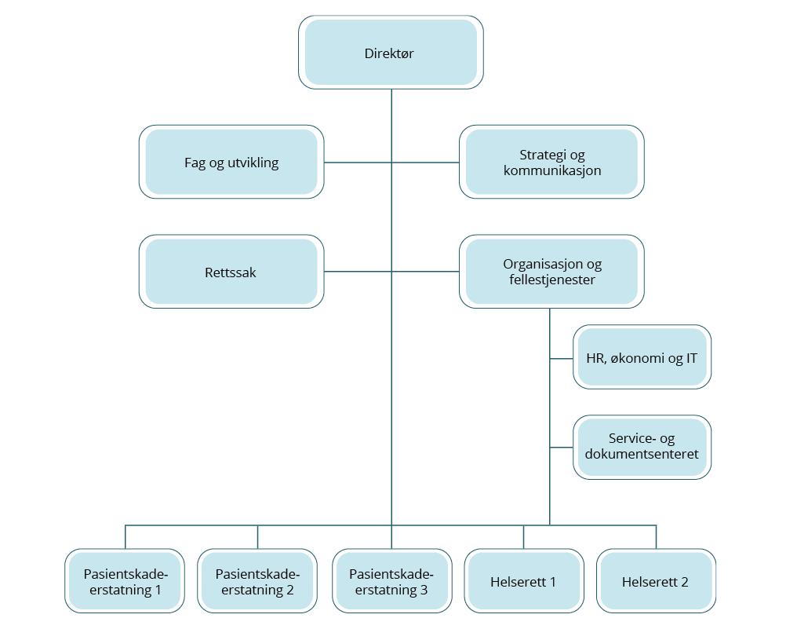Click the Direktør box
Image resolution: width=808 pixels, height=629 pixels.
391,53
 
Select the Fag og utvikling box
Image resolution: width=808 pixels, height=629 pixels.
231,162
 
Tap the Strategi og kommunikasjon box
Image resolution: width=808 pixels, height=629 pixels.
551,162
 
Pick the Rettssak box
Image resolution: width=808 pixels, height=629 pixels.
231,272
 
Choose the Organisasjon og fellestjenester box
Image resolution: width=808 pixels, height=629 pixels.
551,272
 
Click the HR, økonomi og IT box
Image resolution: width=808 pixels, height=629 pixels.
642,357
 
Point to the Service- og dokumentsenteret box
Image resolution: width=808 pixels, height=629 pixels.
642,447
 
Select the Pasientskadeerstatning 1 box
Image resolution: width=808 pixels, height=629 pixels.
125,581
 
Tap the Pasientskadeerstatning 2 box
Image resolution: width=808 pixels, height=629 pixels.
257,581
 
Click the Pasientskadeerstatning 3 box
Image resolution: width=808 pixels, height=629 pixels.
391,581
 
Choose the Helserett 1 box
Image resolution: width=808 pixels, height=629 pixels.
523,581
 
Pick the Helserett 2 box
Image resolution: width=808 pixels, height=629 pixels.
656,581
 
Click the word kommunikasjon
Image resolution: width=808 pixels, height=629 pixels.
552,170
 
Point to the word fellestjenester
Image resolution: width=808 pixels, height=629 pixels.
552,280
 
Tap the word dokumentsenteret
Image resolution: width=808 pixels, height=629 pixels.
642,454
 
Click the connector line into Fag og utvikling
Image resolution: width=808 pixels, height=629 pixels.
358,163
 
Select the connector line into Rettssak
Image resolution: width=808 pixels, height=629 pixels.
358,272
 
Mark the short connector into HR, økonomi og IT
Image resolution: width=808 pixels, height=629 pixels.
561,358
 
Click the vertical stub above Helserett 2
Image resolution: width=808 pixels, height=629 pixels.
656,537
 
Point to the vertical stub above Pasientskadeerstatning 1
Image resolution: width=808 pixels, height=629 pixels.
126,537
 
